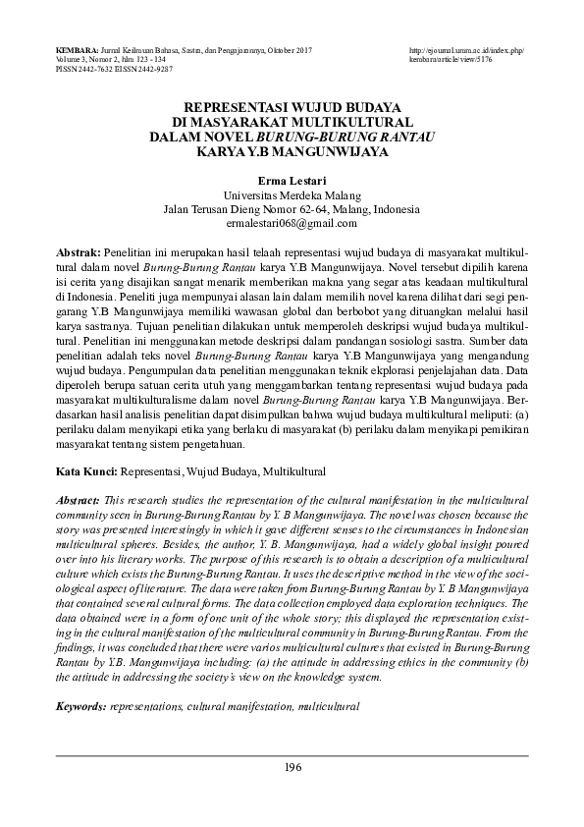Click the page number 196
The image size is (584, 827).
tap(292, 767)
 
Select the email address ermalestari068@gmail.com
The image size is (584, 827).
tap(292, 224)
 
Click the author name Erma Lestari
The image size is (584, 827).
tap(292, 182)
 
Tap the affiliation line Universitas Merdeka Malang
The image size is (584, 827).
tap(292, 195)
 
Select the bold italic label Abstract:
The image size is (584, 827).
tap(80, 500)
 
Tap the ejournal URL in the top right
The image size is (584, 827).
tap(467, 49)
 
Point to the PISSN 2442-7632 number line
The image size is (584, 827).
tap(79, 71)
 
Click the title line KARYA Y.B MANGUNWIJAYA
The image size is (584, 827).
tap(292, 152)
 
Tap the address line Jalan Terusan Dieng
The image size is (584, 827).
tap(292, 209)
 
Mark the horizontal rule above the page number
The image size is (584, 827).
tap(292, 755)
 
